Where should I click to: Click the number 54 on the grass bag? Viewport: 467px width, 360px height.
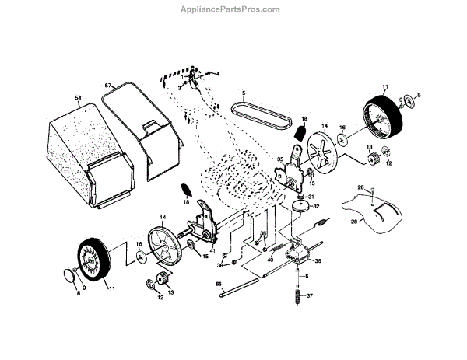coord(78,98)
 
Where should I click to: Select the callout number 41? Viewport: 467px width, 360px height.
coord(212,251)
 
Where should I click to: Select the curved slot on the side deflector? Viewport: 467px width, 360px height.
coord(381,211)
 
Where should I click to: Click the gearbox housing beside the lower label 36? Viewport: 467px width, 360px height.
coord(296,250)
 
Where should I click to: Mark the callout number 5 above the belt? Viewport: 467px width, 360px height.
coord(243,93)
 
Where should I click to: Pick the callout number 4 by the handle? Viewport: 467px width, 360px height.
coord(218,73)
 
